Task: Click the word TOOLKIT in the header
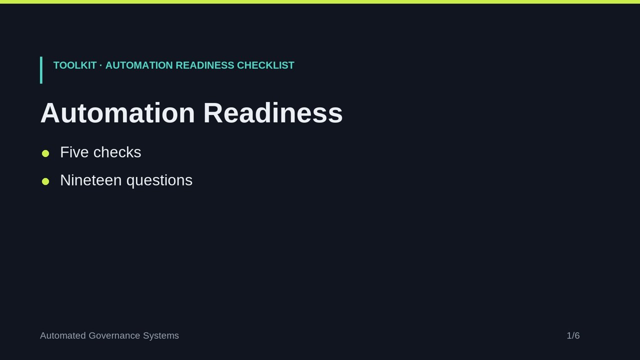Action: (75, 65)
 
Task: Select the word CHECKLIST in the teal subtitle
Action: (265, 65)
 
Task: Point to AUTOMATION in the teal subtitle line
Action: (139, 65)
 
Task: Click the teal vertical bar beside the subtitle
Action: (41, 70)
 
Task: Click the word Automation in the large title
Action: (117, 113)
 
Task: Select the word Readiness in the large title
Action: (273, 113)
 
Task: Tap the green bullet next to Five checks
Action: (45, 153)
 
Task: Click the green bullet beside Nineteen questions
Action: (45, 181)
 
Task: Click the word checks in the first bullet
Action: (117, 152)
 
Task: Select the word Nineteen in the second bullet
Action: (91, 180)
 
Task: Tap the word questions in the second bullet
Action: (159, 181)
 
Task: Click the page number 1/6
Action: (573, 335)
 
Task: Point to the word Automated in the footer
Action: (63, 335)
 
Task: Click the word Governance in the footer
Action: (114, 335)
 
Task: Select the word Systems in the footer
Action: (161, 335)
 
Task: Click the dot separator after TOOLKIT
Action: (101, 65)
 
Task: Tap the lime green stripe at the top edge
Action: (320, 1)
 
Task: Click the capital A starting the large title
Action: (49, 113)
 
